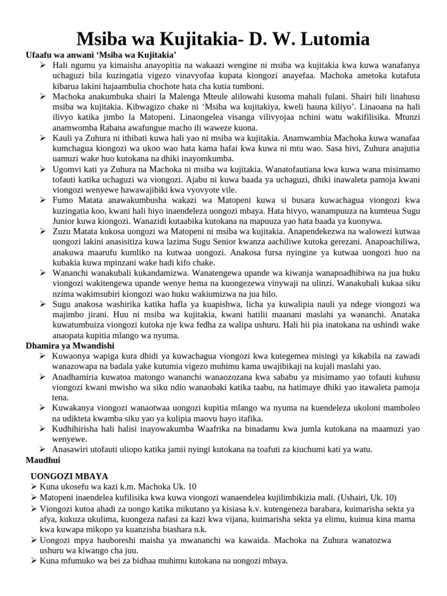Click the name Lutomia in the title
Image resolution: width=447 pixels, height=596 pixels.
332,40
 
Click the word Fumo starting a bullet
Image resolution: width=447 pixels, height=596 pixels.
63,200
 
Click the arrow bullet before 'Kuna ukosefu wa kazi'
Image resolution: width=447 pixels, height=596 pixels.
34,487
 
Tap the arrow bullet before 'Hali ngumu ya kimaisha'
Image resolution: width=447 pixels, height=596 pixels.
44,65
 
